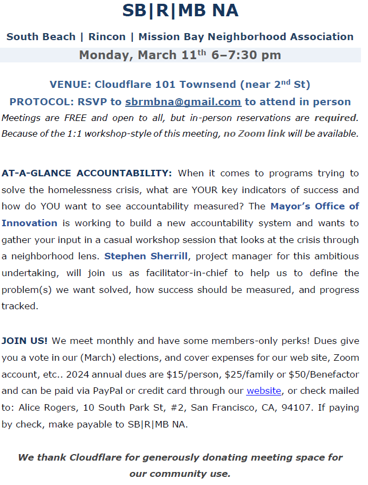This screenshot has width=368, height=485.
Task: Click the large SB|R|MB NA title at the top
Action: (180, 11)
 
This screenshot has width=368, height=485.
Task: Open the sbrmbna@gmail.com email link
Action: (183, 102)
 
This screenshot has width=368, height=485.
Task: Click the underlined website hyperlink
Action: (264, 391)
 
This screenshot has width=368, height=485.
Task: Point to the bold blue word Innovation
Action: (29, 223)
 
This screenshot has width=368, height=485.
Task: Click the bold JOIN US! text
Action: (24, 341)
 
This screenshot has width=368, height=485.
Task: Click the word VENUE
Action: (69, 85)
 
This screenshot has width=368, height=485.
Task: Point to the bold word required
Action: (336, 118)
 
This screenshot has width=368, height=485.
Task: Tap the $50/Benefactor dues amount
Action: (327, 374)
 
